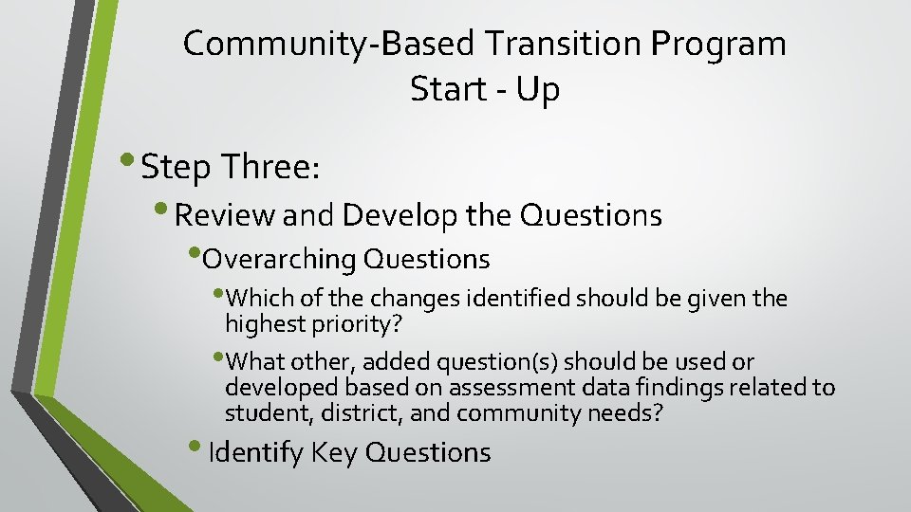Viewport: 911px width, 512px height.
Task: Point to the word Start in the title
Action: [449, 89]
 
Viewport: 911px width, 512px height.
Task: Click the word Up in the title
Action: [539, 89]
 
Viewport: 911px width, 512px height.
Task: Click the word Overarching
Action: [280, 258]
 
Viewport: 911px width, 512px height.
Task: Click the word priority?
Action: [358, 323]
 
